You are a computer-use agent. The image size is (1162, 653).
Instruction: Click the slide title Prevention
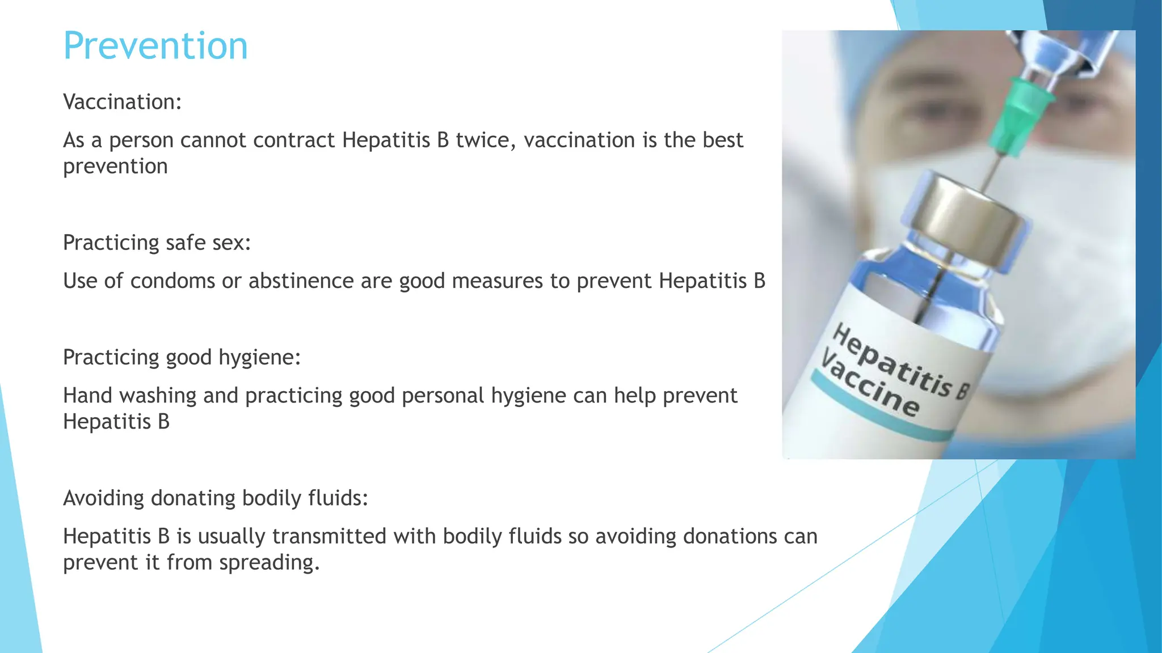(x=155, y=46)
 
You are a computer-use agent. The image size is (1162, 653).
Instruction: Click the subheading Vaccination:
(x=122, y=102)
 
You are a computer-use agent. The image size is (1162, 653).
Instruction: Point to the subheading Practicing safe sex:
(x=157, y=243)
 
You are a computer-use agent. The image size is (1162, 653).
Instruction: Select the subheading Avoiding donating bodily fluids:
(x=216, y=498)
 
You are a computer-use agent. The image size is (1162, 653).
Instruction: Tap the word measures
(x=497, y=281)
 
